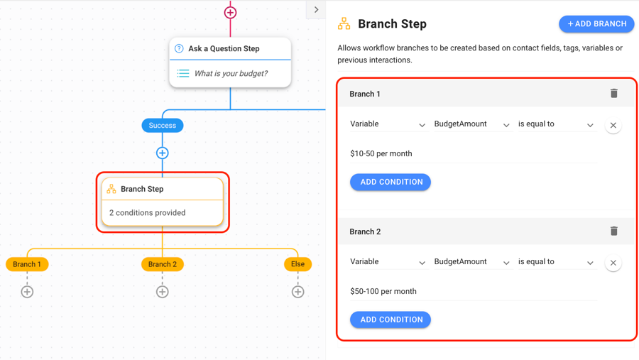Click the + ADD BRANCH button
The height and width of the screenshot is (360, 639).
click(x=596, y=24)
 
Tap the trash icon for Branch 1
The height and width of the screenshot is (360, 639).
click(x=614, y=94)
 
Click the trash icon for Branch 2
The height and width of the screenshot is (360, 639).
click(x=614, y=231)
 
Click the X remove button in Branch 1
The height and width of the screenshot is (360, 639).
click(x=613, y=125)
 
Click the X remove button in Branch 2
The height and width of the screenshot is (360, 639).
click(x=613, y=263)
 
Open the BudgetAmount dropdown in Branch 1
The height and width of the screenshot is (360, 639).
click(x=471, y=124)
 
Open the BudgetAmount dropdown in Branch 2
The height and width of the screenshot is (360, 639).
click(x=471, y=262)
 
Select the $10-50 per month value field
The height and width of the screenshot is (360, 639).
click(x=472, y=153)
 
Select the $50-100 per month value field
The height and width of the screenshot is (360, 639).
click(x=472, y=291)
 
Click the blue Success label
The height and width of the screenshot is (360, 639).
click(x=163, y=126)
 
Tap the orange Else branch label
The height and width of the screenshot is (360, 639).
click(x=297, y=264)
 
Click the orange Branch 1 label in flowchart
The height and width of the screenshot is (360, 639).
click(x=27, y=264)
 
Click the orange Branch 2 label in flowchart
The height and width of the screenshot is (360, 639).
click(x=163, y=264)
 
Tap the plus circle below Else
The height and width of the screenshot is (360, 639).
click(x=297, y=292)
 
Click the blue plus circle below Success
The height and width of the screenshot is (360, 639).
click(x=163, y=153)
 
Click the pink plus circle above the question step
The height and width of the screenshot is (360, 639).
click(x=230, y=13)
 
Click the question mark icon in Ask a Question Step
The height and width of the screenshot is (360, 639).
click(x=179, y=49)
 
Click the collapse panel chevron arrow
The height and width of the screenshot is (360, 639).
click(x=317, y=10)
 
